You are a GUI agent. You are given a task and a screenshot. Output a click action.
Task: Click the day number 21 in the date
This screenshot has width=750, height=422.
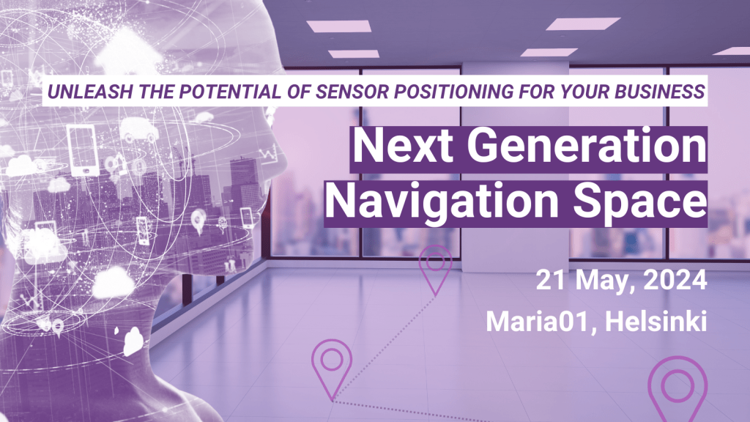(x=551, y=280)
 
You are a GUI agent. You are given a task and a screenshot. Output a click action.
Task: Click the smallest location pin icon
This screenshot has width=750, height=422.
(x=437, y=268)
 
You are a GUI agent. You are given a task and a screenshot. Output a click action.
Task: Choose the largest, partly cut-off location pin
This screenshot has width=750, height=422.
(x=677, y=389)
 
